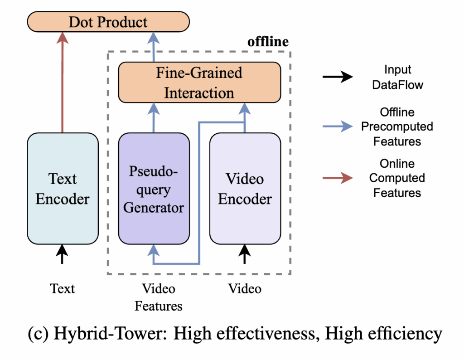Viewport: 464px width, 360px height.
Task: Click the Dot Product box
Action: click(108, 22)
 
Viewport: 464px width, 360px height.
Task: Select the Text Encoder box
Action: click(63, 188)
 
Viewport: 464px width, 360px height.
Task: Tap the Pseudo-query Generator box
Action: click(154, 188)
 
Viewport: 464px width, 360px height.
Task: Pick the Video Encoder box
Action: click(245, 188)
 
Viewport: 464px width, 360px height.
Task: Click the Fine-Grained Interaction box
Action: click(199, 83)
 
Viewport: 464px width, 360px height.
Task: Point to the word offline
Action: click(267, 42)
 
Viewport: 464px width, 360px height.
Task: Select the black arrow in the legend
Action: click(337, 77)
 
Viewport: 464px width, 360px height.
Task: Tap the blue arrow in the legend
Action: click(337, 126)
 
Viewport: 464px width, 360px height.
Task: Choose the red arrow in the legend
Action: click(337, 178)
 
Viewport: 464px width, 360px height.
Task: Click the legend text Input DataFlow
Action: click(397, 77)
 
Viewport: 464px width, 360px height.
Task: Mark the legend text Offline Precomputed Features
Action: click(397, 126)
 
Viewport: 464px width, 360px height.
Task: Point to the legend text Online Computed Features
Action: click(397, 178)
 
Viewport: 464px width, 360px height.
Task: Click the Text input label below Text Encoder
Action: click(63, 288)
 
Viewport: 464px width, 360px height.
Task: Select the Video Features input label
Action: click(158, 297)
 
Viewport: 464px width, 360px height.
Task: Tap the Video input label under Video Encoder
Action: click(245, 288)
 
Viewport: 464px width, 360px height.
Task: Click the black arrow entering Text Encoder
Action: click(63, 254)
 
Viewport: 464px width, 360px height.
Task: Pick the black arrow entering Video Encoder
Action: click(245, 254)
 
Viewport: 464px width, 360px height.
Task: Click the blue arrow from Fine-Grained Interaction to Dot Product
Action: click(154, 48)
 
